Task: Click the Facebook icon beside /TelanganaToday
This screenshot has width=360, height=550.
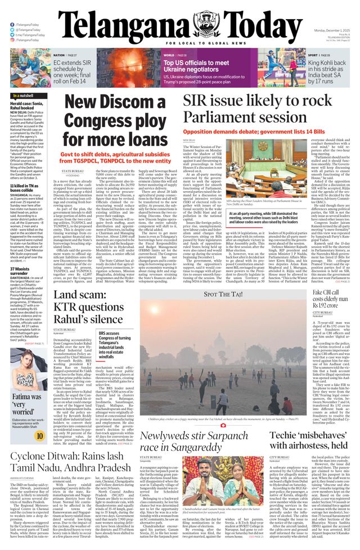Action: click(12, 25)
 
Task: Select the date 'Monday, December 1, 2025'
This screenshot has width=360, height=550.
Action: click(331, 30)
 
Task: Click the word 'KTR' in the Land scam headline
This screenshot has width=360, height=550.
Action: click(65, 307)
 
